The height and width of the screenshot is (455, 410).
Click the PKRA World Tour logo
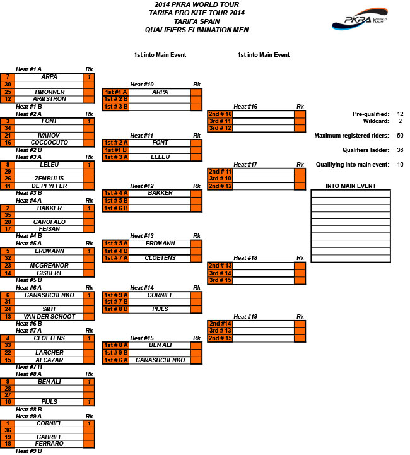click(x=360, y=19)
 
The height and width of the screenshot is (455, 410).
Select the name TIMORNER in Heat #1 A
click(x=49, y=92)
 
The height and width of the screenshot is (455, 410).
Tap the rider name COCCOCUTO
click(x=49, y=143)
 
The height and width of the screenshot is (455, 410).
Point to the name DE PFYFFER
click(x=49, y=186)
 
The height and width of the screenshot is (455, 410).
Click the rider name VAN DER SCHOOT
click(x=49, y=317)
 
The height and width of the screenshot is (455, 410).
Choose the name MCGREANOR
click(x=49, y=266)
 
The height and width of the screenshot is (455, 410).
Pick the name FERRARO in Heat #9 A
click(x=49, y=444)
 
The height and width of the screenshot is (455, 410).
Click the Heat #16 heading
click(x=245, y=107)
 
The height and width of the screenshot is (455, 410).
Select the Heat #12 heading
click(x=142, y=186)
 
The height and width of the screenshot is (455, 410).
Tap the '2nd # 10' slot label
click(x=220, y=114)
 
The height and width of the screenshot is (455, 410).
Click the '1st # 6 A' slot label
click(x=115, y=360)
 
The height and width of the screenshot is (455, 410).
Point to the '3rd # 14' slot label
click(x=220, y=273)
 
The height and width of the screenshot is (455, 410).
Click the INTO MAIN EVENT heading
click(x=351, y=186)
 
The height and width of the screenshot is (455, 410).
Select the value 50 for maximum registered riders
click(x=400, y=136)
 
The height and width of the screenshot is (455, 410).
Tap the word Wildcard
click(x=376, y=121)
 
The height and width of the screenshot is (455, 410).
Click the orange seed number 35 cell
click(x=8, y=215)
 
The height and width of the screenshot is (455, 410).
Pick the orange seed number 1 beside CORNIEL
click(x=8, y=423)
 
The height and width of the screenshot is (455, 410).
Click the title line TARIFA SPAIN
click(x=197, y=21)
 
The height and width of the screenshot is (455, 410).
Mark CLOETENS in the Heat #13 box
click(x=160, y=258)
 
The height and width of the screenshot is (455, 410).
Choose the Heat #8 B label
click(x=29, y=410)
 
